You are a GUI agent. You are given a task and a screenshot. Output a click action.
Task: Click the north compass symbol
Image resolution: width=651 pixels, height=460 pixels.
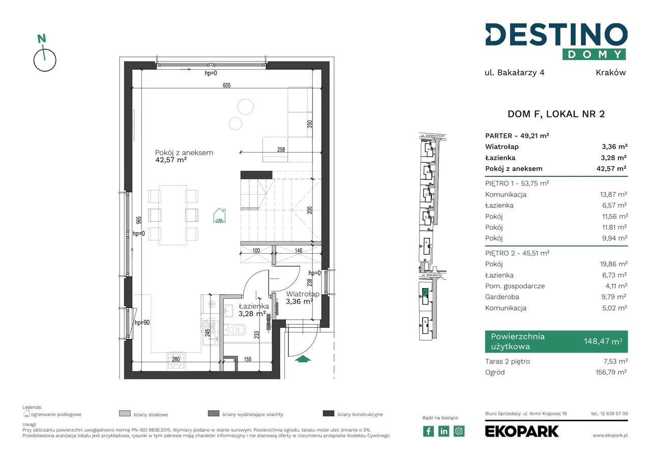(45, 56)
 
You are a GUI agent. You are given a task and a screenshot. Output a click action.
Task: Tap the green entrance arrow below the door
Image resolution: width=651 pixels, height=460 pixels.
(303, 359)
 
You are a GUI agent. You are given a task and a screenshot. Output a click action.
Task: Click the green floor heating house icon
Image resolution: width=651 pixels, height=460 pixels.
(219, 216)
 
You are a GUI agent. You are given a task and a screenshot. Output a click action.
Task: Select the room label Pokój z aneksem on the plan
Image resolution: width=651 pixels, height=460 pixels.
(184, 152)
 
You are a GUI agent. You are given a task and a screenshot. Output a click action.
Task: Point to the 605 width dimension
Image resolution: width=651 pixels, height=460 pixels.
(226, 85)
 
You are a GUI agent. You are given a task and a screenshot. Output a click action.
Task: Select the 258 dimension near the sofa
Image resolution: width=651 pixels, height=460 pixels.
(280, 149)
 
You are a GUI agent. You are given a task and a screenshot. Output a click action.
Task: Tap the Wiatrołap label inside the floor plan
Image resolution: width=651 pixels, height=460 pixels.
(302, 294)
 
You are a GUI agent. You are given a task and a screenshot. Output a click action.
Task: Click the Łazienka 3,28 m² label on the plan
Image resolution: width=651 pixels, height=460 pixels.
(253, 310)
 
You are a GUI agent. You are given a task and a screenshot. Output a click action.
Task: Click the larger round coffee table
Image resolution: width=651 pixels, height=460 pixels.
(245, 106)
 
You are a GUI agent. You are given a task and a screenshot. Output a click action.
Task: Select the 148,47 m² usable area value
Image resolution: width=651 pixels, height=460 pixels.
(602, 342)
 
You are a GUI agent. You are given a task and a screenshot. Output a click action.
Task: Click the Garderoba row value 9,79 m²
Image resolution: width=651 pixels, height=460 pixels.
(613, 297)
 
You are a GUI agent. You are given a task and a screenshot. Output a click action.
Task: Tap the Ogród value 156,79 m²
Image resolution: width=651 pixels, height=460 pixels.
(610, 372)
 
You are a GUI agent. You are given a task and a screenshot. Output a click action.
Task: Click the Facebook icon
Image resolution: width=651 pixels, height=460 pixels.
(429, 431)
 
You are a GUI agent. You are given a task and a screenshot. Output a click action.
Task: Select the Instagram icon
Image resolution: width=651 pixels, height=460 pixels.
(459, 431)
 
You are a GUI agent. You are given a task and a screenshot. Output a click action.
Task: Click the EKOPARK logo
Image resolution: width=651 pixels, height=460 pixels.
(522, 431)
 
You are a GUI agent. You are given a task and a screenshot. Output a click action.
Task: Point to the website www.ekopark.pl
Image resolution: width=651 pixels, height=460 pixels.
(610, 436)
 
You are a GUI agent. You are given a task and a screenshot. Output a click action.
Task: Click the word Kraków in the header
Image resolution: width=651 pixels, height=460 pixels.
(610, 72)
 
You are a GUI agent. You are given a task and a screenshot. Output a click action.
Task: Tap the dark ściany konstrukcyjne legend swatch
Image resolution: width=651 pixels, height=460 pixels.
(328, 414)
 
